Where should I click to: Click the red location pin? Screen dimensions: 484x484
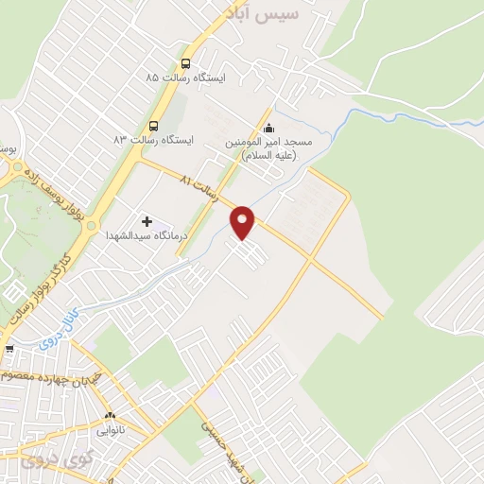[244, 222]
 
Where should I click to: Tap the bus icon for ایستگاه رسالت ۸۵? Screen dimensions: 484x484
[185, 64]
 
